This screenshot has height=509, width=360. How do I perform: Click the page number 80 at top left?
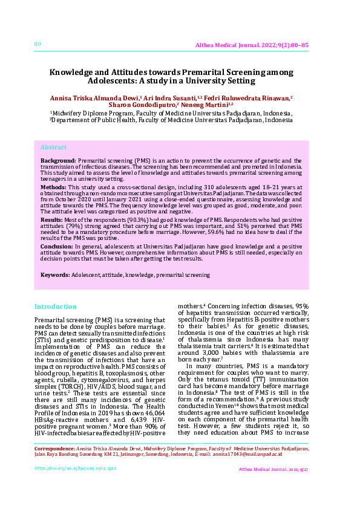click(38, 44)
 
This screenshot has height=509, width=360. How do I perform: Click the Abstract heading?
click(53, 148)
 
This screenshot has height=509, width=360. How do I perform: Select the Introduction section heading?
click(56, 306)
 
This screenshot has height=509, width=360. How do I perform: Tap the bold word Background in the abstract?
click(58, 160)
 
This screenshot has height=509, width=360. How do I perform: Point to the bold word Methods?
click(53, 187)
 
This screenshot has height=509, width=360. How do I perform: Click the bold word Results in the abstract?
click(51, 221)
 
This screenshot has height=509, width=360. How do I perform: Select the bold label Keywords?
click(54, 275)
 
